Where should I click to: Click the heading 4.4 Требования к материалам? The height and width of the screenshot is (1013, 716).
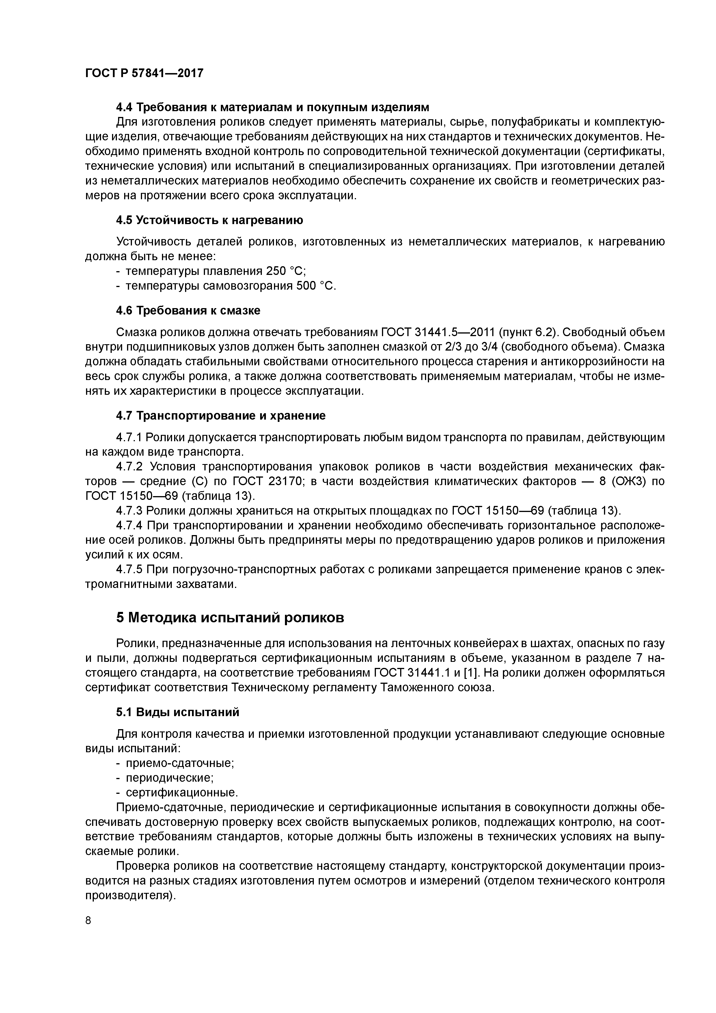tap(272, 107)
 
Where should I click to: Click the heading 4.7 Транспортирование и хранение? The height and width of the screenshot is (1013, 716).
tap(221, 416)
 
